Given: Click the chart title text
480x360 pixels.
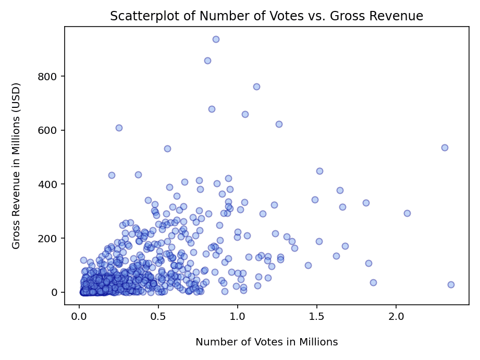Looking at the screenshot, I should tap(266, 16).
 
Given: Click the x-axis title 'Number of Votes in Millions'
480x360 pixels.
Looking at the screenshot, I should tap(266, 342).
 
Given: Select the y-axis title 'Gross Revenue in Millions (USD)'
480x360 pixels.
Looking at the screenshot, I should tap(16, 166).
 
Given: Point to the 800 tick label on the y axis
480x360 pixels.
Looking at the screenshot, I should tap(47, 77).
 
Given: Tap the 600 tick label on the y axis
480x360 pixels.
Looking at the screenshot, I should tap(47, 130).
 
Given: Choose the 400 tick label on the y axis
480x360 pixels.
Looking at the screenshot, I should tap(47, 184).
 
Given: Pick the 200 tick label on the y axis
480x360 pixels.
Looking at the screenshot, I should tap(47, 239).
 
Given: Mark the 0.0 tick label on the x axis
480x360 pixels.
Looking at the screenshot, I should tap(79, 316).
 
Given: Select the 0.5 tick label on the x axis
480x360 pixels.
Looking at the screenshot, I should tap(158, 316).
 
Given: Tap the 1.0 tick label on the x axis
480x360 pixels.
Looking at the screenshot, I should tap(238, 316).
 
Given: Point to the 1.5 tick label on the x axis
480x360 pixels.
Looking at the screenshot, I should tap(317, 316).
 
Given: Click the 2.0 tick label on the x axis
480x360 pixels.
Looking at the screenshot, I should tap(396, 316).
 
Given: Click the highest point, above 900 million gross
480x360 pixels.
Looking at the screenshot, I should tap(216, 39).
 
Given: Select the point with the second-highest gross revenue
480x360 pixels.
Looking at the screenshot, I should tap(207, 60).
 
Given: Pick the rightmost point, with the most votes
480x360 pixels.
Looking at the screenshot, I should tap(451, 284).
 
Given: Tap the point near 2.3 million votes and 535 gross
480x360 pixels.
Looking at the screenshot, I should tap(445, 147).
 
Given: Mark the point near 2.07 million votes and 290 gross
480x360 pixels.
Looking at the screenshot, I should tap(407, 213).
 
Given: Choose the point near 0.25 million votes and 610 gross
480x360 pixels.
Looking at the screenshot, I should tap(119, 128).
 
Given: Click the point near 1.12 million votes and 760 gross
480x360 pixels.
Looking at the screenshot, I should tap(256, 86).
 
